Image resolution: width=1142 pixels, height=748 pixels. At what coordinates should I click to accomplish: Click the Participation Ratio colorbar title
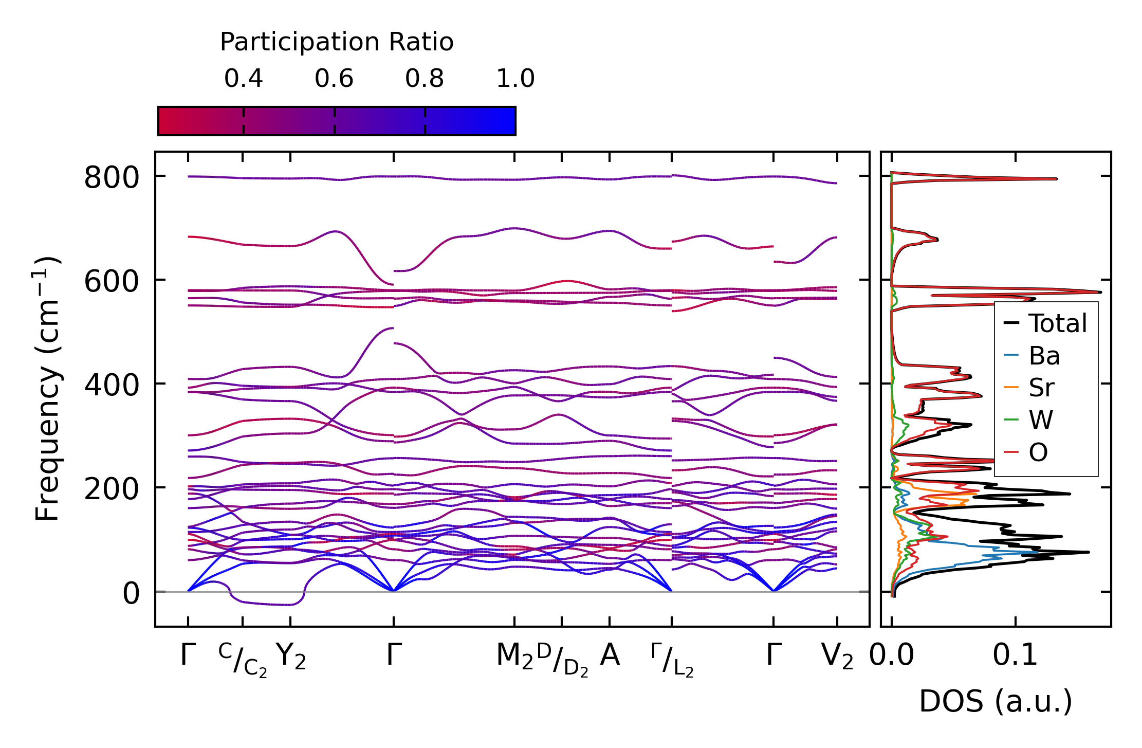coord(337,42)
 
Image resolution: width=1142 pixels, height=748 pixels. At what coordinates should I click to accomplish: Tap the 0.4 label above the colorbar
coord(243,79)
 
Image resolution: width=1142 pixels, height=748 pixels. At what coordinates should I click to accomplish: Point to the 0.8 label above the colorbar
coord(424,79)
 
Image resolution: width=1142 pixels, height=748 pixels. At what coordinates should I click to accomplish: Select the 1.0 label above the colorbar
coord(515,79)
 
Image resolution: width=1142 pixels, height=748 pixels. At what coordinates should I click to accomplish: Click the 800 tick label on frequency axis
coord(112,179)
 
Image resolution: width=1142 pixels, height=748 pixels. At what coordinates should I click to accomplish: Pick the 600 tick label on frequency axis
coord(112,282)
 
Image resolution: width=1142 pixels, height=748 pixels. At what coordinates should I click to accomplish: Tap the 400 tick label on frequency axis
coord(112,386)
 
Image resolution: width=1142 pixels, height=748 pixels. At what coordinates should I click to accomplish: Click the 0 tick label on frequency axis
coord(131,594)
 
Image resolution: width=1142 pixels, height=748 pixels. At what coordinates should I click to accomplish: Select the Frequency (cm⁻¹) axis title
coord(47,389)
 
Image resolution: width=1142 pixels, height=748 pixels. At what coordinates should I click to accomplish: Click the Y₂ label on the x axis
coord(290,656)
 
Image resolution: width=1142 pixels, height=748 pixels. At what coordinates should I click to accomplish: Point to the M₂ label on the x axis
coord(514,656)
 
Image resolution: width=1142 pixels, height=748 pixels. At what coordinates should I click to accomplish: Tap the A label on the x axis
coord(610,655)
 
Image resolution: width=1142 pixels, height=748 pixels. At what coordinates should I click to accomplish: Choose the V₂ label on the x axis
coord(837,656)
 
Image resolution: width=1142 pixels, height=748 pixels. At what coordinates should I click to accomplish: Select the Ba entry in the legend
coord(1044,356)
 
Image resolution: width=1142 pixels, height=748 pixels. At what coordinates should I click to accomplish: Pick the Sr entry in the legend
coord(1041,388)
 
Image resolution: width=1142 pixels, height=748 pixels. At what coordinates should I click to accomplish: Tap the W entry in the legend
coord(1041,420)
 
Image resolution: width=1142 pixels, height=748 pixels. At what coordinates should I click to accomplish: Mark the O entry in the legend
coord(1038,452)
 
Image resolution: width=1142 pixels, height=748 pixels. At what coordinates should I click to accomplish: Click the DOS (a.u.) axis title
coord(996,701)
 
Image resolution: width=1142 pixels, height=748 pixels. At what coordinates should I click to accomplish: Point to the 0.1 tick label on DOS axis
coord(1015,655)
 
